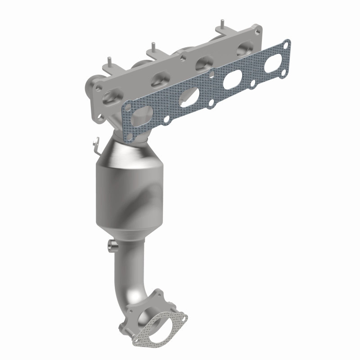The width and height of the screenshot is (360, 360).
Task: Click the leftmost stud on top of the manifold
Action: coord(108,61)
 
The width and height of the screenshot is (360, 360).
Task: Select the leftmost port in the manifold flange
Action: coord(110,96)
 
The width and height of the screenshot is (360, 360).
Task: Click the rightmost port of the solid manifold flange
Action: coord(245,47)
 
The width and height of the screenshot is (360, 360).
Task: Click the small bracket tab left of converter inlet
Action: coord(94,144)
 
